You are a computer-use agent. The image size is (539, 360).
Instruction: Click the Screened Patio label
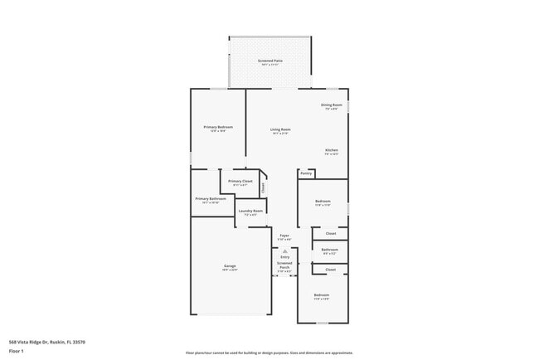271,62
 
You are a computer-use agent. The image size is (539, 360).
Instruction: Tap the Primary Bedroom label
218,129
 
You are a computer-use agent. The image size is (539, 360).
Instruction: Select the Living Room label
280,130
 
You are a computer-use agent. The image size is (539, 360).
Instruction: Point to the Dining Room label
331,106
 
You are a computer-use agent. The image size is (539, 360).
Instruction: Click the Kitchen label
331,152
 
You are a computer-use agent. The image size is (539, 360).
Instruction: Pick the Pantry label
306,197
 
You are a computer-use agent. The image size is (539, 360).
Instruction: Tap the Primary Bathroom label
211,201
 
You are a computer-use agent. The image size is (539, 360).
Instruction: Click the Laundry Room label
250,212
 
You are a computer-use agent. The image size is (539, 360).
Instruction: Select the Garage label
229,268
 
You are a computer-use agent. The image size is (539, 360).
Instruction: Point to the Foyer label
284,237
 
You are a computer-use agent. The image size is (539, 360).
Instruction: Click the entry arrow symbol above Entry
284,250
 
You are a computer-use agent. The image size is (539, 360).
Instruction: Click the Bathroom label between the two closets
330,251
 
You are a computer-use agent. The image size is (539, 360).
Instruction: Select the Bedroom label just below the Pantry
323,203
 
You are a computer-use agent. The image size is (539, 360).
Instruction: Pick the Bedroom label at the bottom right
321,297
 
